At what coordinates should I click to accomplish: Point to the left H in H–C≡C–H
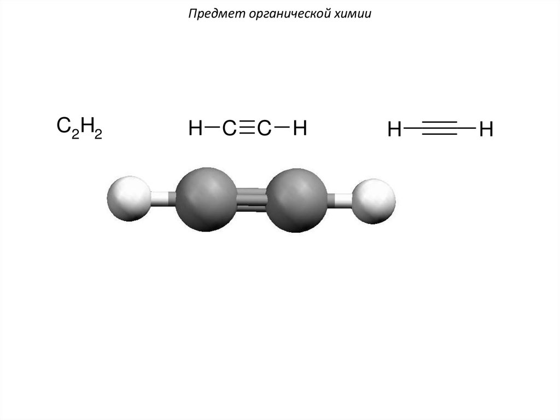pos(195,129)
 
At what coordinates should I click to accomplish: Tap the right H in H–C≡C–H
pos(299,129)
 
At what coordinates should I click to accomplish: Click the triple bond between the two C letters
pos(247,129)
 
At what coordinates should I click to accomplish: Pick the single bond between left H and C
pos(212,129)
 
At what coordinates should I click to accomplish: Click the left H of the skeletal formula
pos(395,130)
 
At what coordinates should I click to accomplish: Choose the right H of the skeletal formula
pos(486,130)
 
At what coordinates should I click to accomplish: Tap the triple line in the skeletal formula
pos(440,129)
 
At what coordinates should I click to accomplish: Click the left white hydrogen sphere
pos(129,198)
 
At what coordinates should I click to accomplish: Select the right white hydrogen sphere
pos(374,200)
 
